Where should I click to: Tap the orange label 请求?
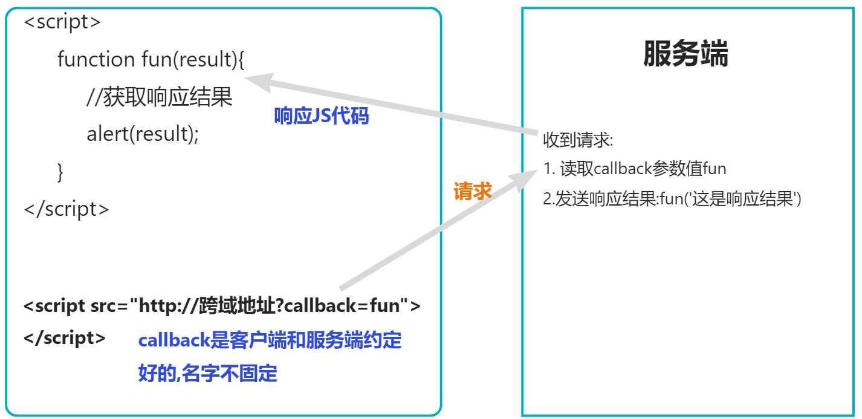click(x=473, y=192)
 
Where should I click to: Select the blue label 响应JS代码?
click(x=321, y=116)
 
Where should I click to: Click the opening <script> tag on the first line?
click(x=62, y=22)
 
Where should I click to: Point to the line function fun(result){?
click(x=151, y=59)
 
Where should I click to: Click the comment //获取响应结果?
click(x=160, y=97)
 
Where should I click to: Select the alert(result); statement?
click(x=143, y=134)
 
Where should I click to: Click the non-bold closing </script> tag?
click(x=66, y=209)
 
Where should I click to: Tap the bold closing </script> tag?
click(x=65, y=338)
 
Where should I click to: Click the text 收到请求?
click(x=578, y=141)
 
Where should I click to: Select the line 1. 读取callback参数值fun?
click(x=635, y=169)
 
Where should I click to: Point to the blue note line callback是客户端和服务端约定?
click(x=270, y=340)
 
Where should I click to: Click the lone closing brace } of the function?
click(x=60, y=172)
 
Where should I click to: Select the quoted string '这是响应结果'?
click(x=749, y=199)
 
